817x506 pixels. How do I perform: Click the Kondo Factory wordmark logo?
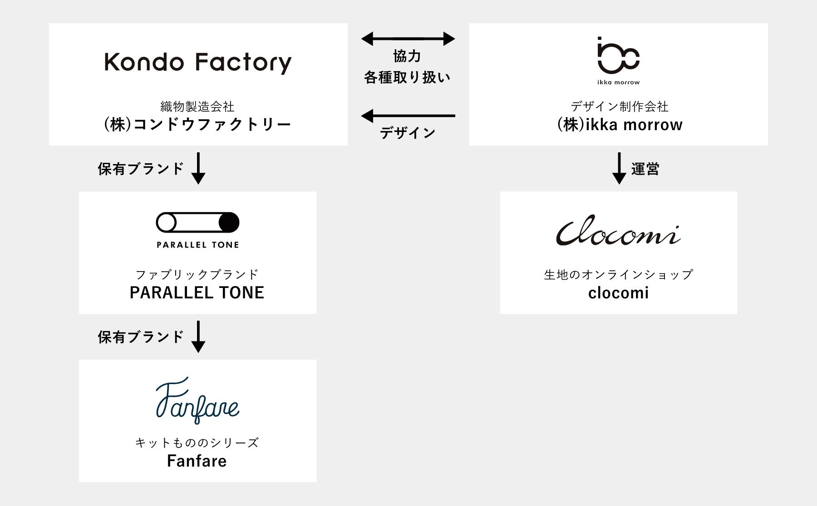(x=198, y=63)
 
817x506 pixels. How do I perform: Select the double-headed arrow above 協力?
(x=408, y=39)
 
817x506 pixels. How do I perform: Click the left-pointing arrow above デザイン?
(x=408, y=116)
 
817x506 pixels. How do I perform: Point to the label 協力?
(x=407, y=57)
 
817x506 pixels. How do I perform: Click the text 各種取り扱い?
(x=407, y=78)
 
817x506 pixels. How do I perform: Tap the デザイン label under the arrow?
(x=408, y=133)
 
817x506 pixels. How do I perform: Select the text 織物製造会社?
(x=197, y=107)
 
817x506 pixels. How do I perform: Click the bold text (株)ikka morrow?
(x=620, y=125)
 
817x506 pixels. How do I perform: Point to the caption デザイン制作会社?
(x=620, y=107)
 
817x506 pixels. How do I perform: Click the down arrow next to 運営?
(x=619, y=168)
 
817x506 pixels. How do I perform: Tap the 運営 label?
(x=645, y=169)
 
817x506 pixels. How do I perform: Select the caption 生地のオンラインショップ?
(x=619, y=274)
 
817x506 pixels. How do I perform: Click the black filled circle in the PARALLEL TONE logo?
(x=229, y=223)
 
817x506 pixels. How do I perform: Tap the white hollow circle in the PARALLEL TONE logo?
(x=167, y=223)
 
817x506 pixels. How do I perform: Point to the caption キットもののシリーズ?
(x=197, y=443)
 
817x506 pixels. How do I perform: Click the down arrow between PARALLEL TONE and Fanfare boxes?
(x=198, y=336)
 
